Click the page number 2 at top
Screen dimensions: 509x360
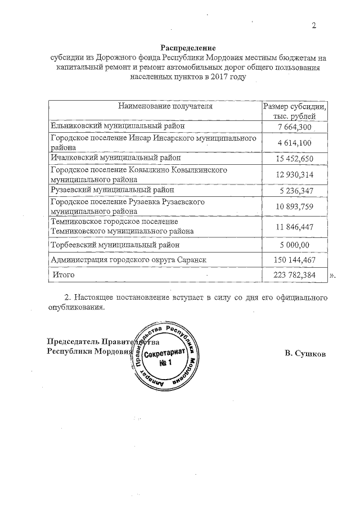pos(314,25)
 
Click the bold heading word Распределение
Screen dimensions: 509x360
pos(188,48)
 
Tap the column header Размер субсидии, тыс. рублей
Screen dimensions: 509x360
pos(295,110)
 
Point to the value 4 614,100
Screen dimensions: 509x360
pos(295,143)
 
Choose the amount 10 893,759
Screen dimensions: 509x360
pos(295,206)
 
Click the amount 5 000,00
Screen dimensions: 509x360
pos(295,245)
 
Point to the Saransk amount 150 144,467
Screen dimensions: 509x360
pos(295,260)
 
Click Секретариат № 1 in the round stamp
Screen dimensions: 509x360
pos(165,359)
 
